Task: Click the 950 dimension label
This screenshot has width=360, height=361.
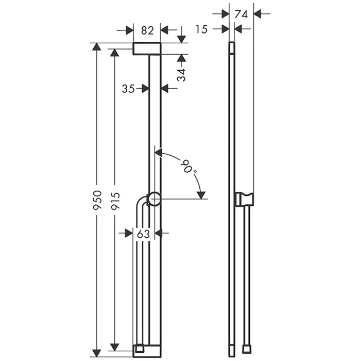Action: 97,200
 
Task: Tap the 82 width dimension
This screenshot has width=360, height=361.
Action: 147,30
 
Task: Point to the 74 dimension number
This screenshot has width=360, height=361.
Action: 241,14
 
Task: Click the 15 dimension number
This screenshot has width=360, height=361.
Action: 201,29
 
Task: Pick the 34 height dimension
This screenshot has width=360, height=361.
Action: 181,75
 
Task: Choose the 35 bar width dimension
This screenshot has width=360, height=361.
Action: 128,89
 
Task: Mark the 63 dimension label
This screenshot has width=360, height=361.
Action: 143,234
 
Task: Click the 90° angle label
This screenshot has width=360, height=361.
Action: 190,168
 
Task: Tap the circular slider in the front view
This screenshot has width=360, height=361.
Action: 154,199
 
